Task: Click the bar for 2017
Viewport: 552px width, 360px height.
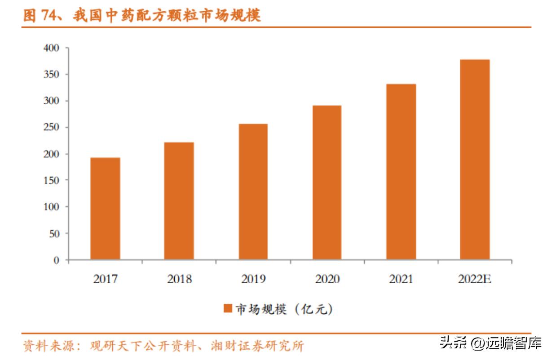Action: [x=105, y=208]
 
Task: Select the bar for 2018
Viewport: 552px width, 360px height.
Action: [x=179, y=201]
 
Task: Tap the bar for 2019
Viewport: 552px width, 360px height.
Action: [x=253, y=192]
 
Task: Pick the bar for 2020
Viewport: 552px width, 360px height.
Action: [x=327, y=182]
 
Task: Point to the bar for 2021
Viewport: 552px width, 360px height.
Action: [x=401, y=171]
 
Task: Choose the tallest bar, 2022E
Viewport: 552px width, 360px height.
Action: [x=475, y=159]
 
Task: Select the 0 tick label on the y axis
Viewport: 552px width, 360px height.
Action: [x=56, y=260]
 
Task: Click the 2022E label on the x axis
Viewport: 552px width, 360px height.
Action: [x=475, y=279]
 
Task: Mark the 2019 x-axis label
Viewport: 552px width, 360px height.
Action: [x=253, y=279]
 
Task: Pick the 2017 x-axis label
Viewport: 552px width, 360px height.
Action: [x=105, y=279]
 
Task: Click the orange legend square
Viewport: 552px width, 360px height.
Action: [x=228, y=309]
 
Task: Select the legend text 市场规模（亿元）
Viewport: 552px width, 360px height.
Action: [x=284, y=309]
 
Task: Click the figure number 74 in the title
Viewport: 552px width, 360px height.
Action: [x=49, y=16]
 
